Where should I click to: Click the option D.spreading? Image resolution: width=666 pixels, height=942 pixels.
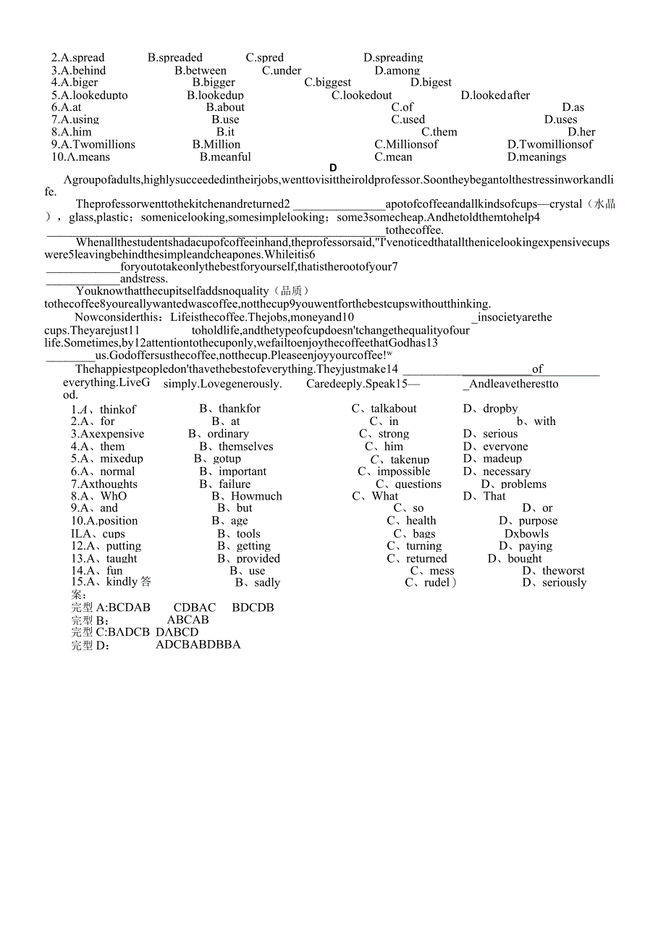click(x=393, y=58)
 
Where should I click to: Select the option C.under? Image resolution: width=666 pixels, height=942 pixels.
click(x=282, y=71)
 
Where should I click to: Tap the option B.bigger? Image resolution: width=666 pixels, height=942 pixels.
click(x=214, y=83)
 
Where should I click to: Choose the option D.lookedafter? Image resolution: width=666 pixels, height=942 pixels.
click(x=495, y=96)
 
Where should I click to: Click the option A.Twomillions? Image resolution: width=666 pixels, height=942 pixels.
click(x=93, y=145)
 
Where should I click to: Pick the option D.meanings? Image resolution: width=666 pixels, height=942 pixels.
click(x=536, y=157)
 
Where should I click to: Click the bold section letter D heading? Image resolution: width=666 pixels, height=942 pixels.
click(x=333, y=168)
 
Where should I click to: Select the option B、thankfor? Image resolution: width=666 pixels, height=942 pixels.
click(x=229, y=409)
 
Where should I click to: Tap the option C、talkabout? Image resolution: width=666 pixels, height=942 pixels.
click(x=384, y=409)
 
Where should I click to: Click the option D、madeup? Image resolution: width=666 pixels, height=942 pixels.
click(x=492, y=459)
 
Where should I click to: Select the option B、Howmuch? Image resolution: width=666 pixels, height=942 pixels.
click(x=246, y=497)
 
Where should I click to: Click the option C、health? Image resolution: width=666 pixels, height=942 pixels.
click(x=411, y=521)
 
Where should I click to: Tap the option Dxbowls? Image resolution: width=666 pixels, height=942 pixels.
click(x=526, y=534)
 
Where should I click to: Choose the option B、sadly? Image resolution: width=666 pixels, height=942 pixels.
click(x=257, y=583)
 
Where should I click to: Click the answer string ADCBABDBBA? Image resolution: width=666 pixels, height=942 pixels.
click(x=198, y=644)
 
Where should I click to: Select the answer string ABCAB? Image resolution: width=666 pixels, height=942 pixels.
click(x=187, y=620)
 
